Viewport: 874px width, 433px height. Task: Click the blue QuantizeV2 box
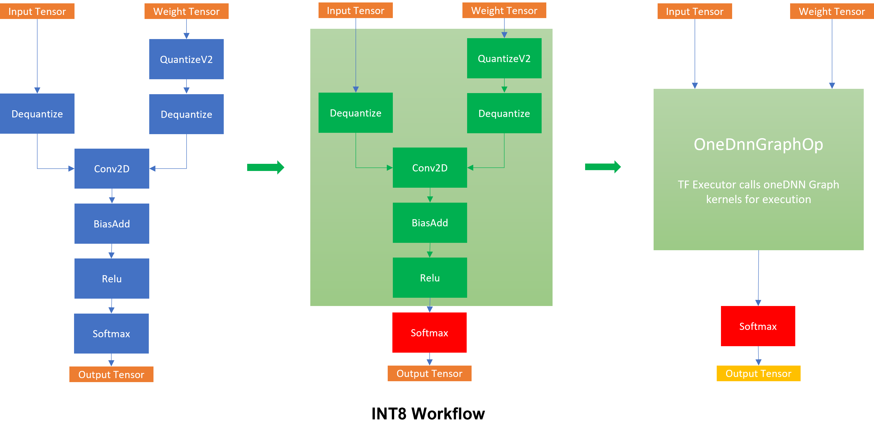[x=186, y=59]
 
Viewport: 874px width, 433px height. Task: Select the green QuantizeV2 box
[x=504, y=58]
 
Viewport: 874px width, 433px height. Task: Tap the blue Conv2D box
[x=112, y=169]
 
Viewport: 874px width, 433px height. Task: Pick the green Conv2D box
[x=430, y=168]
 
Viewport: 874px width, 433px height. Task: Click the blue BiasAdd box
[x=112, y=224]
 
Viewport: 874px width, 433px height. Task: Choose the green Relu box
[x=430, y=278]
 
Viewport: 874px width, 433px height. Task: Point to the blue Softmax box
[x=111, y=334]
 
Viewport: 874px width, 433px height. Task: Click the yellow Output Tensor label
[x=758, y=373]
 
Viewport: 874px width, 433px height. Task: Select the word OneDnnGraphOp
[x=758, y=144]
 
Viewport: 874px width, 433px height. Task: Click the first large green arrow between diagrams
[x=265, y=167]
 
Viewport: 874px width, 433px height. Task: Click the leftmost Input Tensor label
[x=37, y=11]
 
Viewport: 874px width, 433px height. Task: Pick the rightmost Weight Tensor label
[x=832, y=11]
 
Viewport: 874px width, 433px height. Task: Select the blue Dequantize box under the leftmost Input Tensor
[x=37, y=114]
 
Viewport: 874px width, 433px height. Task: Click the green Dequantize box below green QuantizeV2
[x=504, y=113]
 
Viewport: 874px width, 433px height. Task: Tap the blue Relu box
[x=112, y=279]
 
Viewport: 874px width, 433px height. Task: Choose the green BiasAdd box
[x=430, y=223]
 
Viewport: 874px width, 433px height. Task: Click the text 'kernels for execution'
[x=758, y=199]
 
